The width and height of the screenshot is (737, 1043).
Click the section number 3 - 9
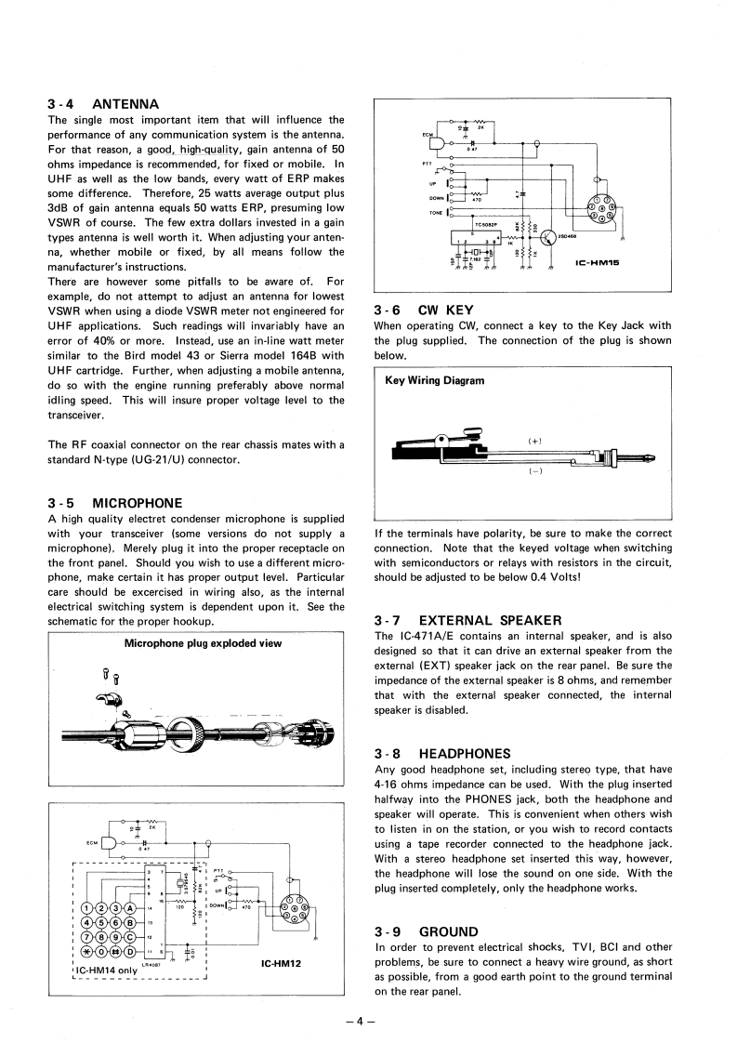388,931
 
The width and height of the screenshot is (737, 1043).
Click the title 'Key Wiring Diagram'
434,380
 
